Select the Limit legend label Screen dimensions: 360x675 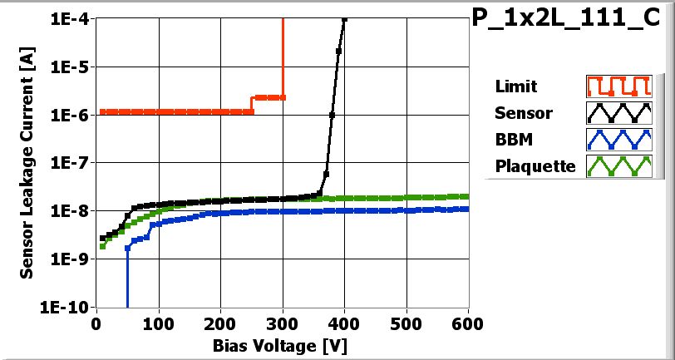point(515,86)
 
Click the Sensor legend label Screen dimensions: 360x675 point(523,112)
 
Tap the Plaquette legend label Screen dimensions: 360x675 point(535,165)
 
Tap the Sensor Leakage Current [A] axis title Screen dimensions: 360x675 point(28,162)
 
